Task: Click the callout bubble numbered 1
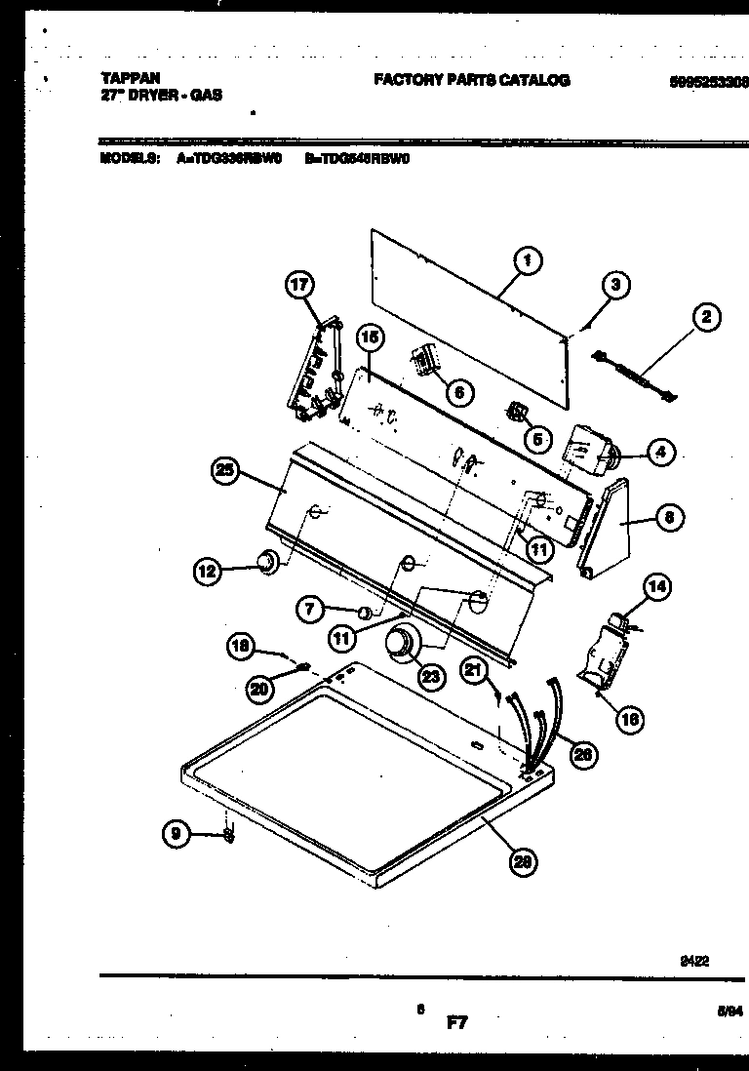[527, 260]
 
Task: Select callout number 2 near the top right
[705, 316]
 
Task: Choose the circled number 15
[369, 338]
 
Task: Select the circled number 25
[225, 470]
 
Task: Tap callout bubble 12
[206, 574]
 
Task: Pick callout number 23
[430, 675]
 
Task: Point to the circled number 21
[474, 670]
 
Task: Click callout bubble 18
[240, 645]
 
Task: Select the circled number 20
[258, 689]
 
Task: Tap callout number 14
[657, 586]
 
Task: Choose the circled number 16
[630, 720]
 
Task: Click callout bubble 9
[176, 833]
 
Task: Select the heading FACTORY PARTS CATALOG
[471, 81]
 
